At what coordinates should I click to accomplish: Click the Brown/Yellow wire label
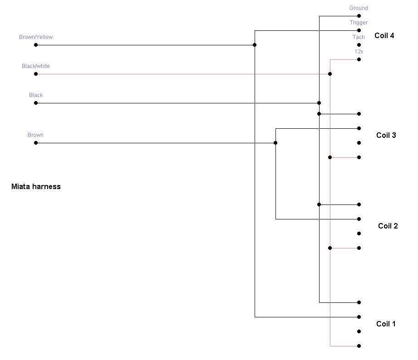coord(36,37)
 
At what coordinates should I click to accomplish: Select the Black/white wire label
coord(36,66)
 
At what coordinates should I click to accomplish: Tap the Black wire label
coord(36,95)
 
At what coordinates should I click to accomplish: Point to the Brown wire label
coord(36,135)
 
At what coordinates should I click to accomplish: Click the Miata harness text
coord(36,186)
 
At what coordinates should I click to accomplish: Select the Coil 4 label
coord(384,35)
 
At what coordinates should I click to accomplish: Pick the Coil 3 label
coord(386,135)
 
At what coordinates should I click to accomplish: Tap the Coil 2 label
coord(388,226)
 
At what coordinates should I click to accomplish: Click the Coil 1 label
coord(386,324)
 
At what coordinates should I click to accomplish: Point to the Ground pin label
coord(359,8)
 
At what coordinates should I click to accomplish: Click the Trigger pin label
coord(359,23)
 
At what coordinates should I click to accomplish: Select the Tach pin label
coord(359,37)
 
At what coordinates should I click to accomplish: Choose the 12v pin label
coord(359,52)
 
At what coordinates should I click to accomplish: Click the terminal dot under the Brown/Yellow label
coord(36,45)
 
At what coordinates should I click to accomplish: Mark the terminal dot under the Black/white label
coord(36,74)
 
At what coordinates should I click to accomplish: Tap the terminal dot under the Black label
coord(36,103)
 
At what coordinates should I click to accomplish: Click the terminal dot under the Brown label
coord(36,143)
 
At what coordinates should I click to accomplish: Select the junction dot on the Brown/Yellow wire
coord(255,45)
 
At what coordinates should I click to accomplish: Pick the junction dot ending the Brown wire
coord(275,143)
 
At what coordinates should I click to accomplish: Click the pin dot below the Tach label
coord(359,45)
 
